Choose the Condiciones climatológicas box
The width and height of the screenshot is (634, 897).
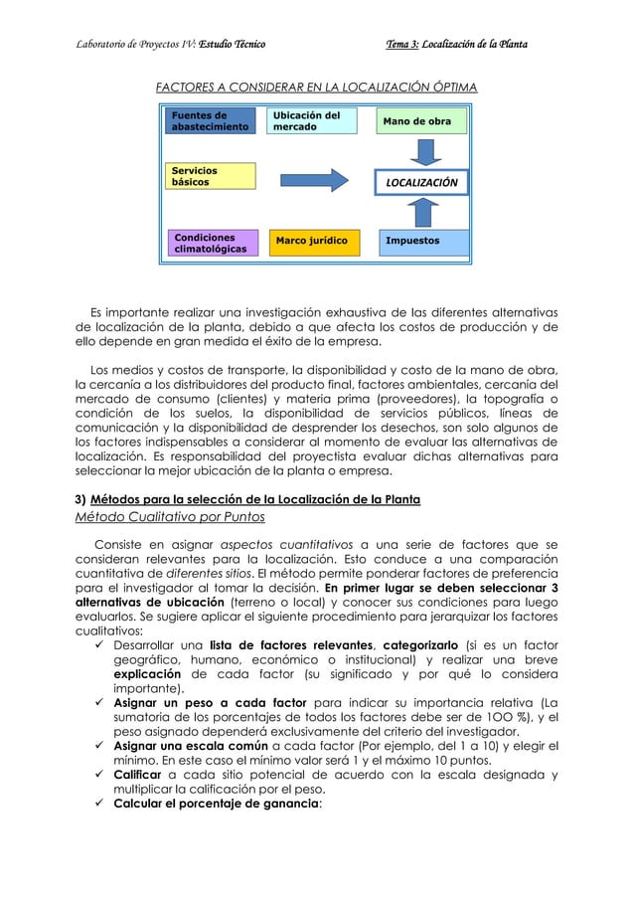(x=210, y=244)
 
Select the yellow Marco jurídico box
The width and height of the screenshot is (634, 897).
(x=313, y=242)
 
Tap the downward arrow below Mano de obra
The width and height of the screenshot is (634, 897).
(x=426, y=153)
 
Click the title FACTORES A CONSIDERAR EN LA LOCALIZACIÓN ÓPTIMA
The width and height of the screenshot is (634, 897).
(x=316, y=89)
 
